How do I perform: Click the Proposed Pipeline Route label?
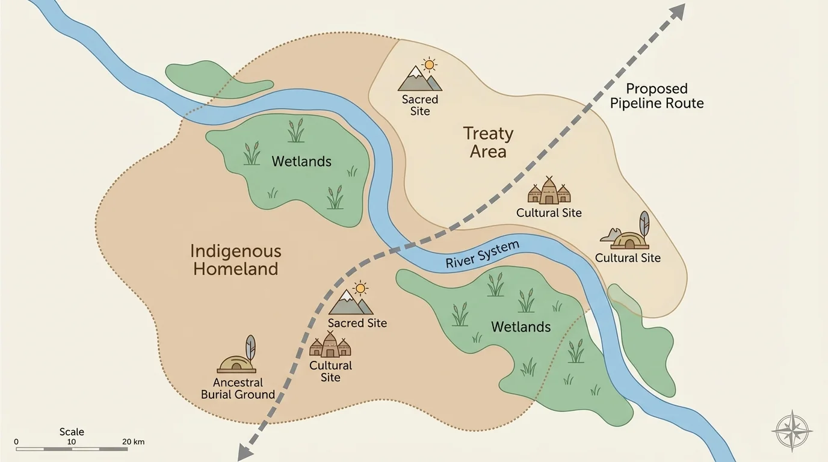[657, 96]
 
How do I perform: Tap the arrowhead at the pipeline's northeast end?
[678, 11]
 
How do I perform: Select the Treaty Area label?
[488, 143]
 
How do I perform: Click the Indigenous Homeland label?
[236, 259]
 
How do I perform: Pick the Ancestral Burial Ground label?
[238, 389]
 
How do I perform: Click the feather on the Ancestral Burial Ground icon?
[250, 348]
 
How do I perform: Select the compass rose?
[792, 431]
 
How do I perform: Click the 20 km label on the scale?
[134, 442]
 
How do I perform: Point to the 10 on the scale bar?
[71, 442]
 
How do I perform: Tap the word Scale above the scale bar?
[72, 432]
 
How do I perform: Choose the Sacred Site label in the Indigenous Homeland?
[357, 323]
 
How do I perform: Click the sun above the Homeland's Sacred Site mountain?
[360, 289]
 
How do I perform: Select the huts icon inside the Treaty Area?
[549, 191]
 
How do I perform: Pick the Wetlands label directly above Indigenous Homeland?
[301, 161]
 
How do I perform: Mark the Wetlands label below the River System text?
[521, 327]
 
